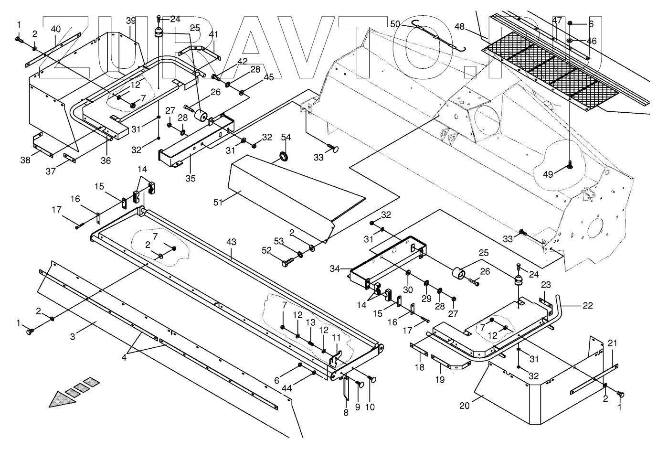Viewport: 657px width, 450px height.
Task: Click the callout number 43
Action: (231, 243)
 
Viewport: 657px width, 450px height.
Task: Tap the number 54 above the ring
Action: (286, 138)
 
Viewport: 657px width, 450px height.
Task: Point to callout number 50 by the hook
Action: (396, 24)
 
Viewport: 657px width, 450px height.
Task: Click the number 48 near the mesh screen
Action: (460, 27)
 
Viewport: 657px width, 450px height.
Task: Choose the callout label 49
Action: (548, 175)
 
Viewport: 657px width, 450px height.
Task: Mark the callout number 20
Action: (465, 406)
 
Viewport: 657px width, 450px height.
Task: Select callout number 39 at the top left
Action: (131, 21)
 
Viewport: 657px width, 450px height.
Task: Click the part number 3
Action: (73, 337)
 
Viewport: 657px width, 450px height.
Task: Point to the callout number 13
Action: (310, 321)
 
